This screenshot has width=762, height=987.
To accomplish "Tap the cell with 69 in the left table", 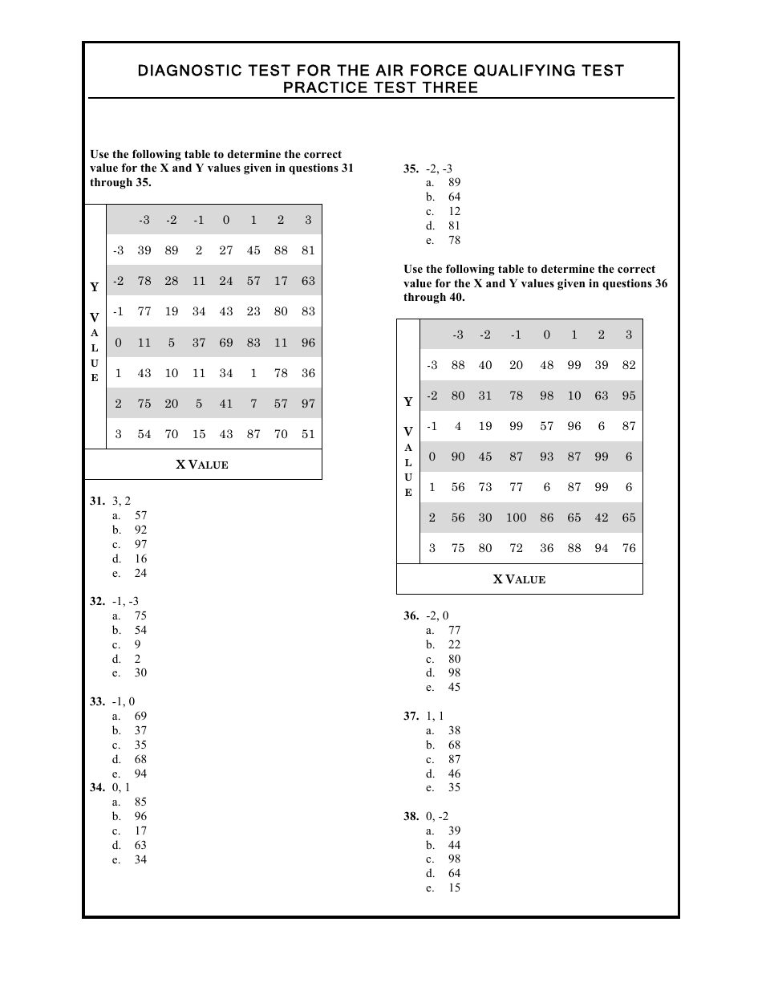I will tap(226, 343).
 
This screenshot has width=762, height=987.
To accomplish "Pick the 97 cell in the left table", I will tap(308, 404).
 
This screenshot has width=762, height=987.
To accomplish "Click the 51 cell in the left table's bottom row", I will tap(308, 434).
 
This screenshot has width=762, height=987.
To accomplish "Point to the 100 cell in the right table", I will tap(516, 518).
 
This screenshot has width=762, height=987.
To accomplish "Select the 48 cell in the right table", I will tap(546, 365).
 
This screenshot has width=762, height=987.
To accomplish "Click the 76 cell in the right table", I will tap(628, 548).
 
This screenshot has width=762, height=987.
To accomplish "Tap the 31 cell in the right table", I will tap(485, 396).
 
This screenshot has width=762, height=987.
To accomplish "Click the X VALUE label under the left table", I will tap(202, 465).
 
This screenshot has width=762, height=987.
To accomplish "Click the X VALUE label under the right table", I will tap(519, 579).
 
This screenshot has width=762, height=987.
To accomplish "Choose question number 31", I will tap(97, 502).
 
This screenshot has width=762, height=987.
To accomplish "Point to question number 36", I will tap(411, 616).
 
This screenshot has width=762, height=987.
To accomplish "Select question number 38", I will tap(411, 817).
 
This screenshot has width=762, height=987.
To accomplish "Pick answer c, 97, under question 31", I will tap(140, 544).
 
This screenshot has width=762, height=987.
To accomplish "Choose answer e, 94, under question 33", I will tap(140, 774).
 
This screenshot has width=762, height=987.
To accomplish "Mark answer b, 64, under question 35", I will tap(454, 197).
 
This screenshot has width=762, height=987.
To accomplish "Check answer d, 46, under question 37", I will tap(454, 774).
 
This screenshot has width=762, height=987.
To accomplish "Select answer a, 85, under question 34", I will tap(140, 802).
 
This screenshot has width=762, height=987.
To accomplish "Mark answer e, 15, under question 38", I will tap(454, 888).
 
